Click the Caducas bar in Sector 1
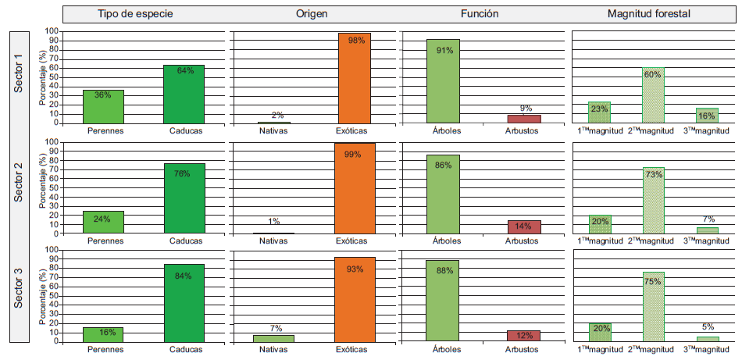coord(185,94)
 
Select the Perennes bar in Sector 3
coord(103,334)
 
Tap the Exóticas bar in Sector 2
coord(355,188)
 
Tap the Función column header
coord(480,14)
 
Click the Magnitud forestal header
coord(652,14)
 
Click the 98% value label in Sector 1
coord(356,41)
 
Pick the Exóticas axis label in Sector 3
coord(355,350)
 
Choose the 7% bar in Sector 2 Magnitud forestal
coord(708,230)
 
